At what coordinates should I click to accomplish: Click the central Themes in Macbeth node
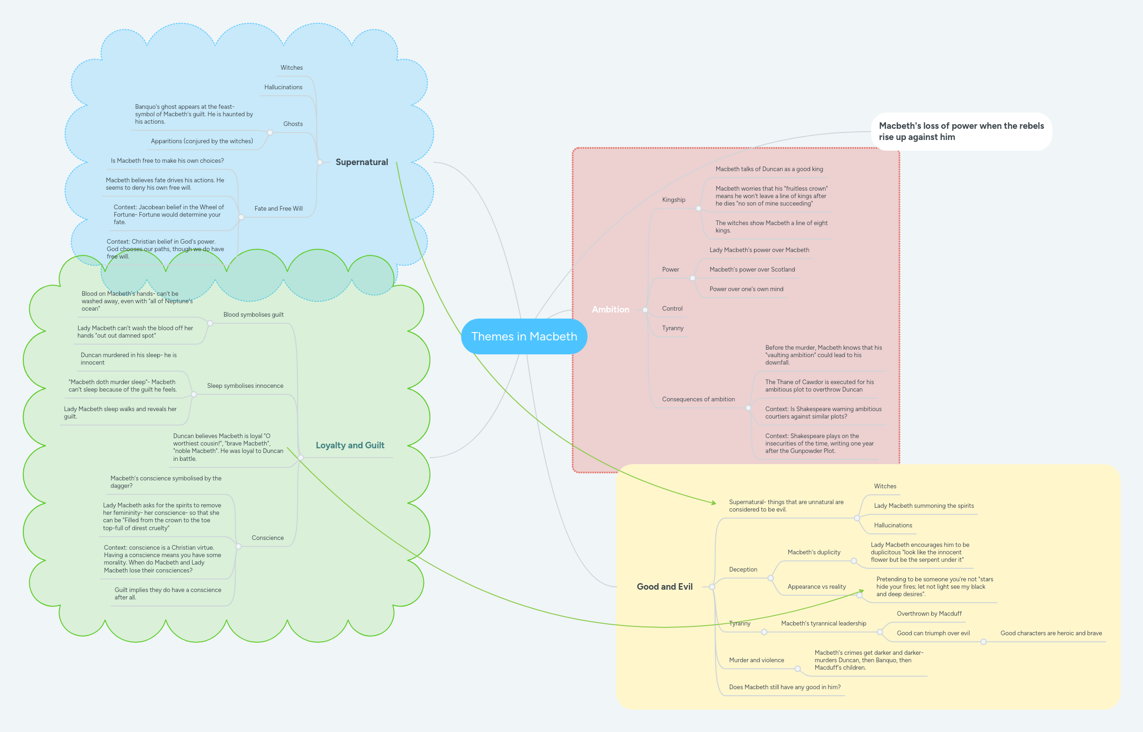tap(524, 337)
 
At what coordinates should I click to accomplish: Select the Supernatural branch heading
tap(362, 162)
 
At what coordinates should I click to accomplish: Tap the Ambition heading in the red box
tap(610, 309)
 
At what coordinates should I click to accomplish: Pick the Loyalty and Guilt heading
tap(350, 446)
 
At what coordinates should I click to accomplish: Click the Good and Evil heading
tap(664, 586)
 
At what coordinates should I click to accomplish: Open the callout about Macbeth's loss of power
tap(961, 132)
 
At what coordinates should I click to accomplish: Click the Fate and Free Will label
tap(278, 209)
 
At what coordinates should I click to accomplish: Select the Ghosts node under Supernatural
tap(293, 124)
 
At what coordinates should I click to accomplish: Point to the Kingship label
tap(673, 200)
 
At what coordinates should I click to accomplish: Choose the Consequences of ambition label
tap(698, 399)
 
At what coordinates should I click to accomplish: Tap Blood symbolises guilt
tap(253, 315)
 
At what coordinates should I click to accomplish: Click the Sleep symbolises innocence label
tap(245, 386)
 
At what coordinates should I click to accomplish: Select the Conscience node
tap(267, 538)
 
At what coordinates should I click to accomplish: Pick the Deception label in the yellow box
tap(743, 569)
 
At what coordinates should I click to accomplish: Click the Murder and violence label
tap(756, 660)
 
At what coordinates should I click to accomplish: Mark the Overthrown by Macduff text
tap(929, 614)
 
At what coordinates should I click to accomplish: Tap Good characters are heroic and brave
tap(1051, 633)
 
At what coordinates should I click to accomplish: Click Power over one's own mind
tap(746, 289)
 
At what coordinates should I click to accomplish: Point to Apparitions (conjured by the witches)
tap(202, 141)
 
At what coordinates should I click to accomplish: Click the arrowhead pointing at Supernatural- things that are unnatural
tap(714, 502)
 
